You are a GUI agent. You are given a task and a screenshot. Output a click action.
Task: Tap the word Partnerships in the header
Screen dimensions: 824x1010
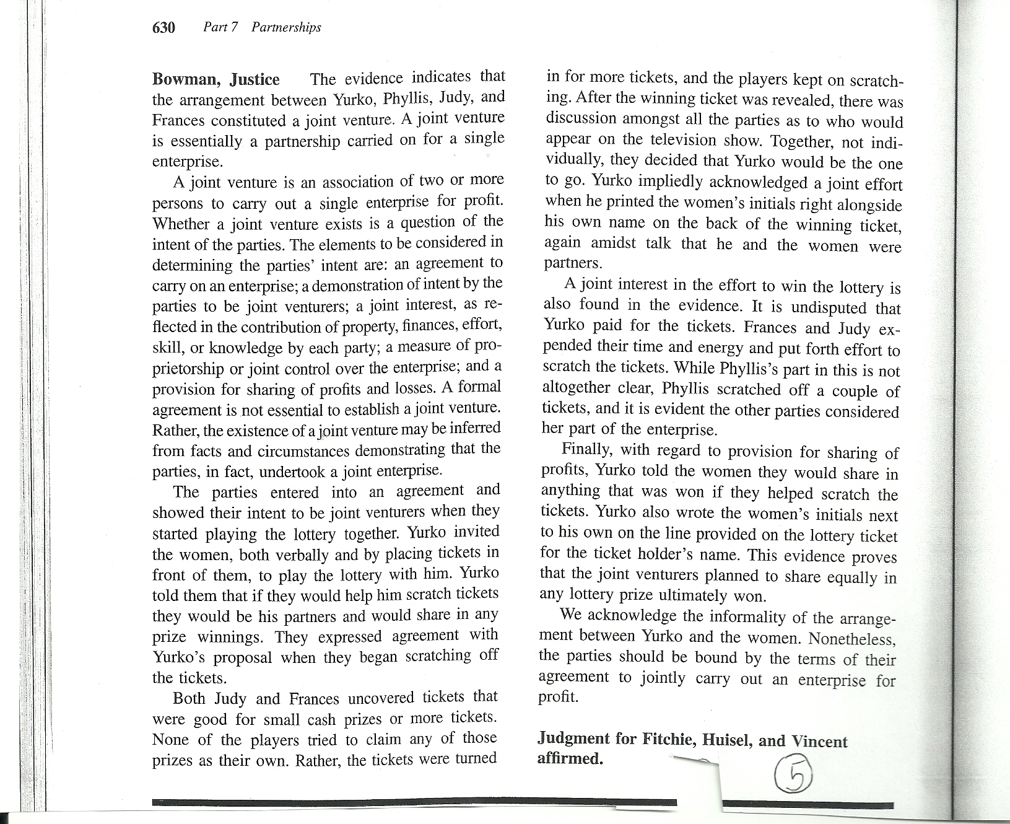[x=286, y=27]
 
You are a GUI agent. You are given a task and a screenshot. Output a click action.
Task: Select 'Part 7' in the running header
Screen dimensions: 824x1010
[x=220, y=27]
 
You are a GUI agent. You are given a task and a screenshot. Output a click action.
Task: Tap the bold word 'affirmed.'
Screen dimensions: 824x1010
[x=570, y=759]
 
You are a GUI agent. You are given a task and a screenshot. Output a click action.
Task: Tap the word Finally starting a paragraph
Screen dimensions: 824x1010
[x=586, y=450]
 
